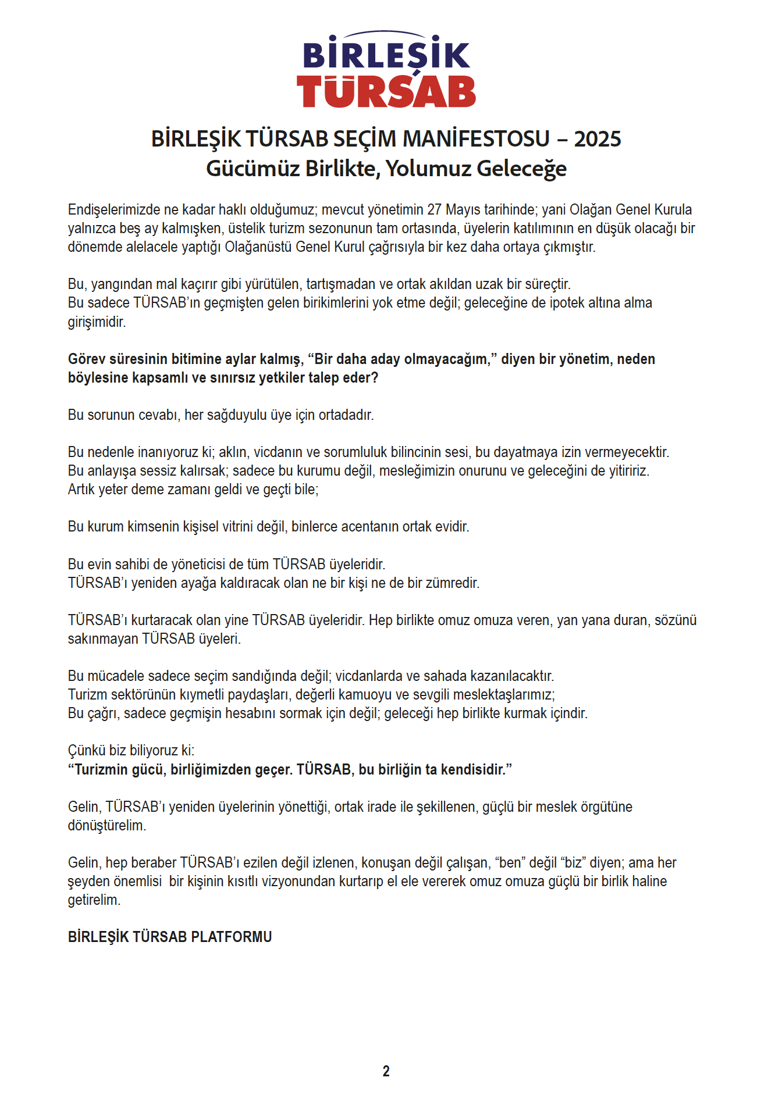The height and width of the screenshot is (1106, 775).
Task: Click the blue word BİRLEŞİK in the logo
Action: coord(386,55)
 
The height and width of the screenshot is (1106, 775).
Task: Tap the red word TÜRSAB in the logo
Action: coord(386,91)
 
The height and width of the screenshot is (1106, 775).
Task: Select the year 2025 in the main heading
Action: coord(598,139)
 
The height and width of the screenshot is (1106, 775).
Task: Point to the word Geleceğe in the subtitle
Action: coord(521,169)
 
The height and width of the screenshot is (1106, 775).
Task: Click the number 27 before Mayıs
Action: coord(434,210)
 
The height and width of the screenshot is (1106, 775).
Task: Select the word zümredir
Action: coord(453,583)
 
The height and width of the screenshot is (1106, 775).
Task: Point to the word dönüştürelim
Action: coord(107,826)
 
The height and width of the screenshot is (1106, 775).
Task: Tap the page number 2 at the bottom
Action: coord(386,1071)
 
